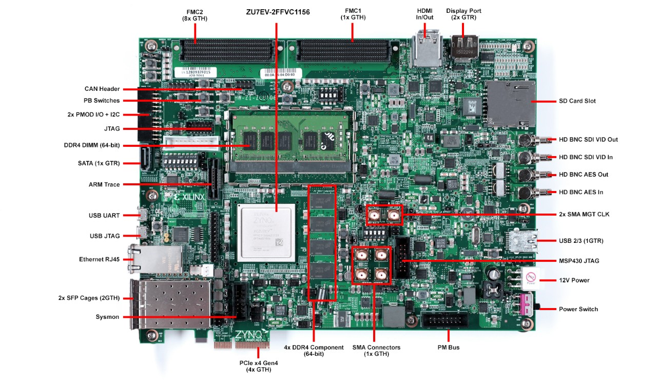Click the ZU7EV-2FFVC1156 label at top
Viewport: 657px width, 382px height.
click(278, 11)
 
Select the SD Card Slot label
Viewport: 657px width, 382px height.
click(577, 101)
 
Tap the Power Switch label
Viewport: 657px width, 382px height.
click(578, 309)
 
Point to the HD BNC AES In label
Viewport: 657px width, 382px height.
click(581, 192)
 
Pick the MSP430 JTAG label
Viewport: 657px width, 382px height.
click(578, 261)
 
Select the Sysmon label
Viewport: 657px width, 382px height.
click(107, 317)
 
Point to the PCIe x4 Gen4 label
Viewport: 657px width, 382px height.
click(255, 366)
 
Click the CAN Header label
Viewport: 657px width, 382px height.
click(102, 89)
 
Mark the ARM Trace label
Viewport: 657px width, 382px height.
click(104, 184)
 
